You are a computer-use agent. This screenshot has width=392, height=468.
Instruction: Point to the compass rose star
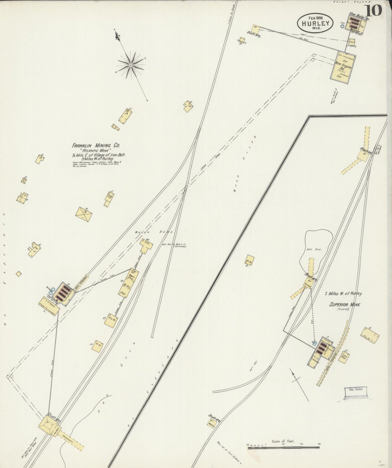(131, 65)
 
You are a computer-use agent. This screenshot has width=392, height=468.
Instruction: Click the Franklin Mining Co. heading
(94, 145)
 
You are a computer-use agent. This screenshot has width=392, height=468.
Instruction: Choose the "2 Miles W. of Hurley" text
(345, 294)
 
